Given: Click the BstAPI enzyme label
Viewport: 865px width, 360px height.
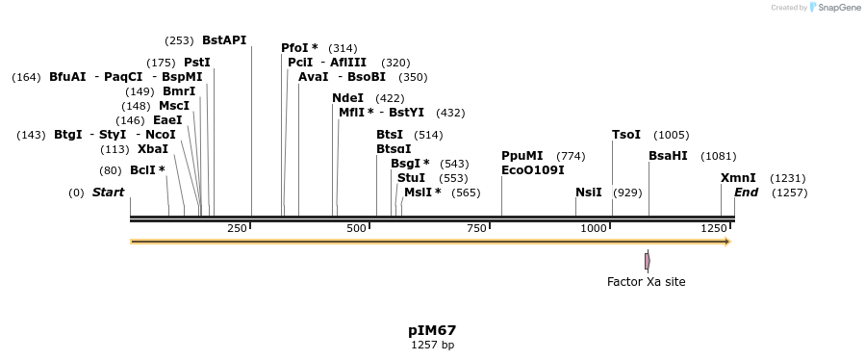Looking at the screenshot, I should pyautogui.click(x=224, y=40).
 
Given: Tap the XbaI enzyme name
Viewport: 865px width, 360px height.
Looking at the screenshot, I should pyautogui.click(x=153, y=149).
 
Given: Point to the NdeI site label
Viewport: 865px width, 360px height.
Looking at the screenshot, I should pyautogui.click(x=347, y=98).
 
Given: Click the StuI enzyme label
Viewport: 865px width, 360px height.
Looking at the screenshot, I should pyautogui.click(x=411, y=178).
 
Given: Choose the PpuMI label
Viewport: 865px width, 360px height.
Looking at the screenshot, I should pyautogui.click(x=522, y=156).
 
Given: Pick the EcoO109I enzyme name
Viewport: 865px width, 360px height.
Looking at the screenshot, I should pyautogui.click(x=533, y=170).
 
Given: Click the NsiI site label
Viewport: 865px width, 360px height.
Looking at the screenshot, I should pyautogui.click(x=588, y=193).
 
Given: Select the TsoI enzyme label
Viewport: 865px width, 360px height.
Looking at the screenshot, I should pyautogui.click(x=625, y=135).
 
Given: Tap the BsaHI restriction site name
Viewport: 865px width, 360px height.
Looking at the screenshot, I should pyautogui.click(x=668, y=156).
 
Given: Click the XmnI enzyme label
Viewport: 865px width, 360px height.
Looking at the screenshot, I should pyautogui.click(x=738, y=178).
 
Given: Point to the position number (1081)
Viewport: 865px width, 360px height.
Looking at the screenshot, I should pyautogui.click(x=718, y=156).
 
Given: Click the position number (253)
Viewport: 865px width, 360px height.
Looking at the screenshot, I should pyautogui.click(x=179, y=40).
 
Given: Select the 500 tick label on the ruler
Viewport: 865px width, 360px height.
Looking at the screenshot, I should pyautogui.click(x=357, y=228).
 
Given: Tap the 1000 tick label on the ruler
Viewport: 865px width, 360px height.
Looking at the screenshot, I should pyautogui.click(x=594, y=228).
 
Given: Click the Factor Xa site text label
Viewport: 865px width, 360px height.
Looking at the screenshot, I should pyautogui.click(x=646, y=282).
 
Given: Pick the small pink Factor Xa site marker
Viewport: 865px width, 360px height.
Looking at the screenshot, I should pyautogui.click(x=647, y=261).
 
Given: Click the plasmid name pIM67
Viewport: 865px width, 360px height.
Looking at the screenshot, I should pyautogui.click(x=432, y=330).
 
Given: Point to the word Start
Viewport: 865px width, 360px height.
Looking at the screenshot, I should pyautogui.click(x=108, y=193).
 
